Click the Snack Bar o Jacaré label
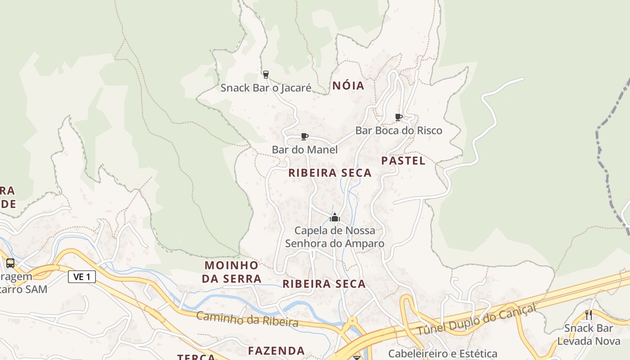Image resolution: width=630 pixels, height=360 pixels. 265,88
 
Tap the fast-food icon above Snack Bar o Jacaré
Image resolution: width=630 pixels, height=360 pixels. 265,74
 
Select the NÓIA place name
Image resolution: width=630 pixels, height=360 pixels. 348,85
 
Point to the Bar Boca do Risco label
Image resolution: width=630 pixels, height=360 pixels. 399,130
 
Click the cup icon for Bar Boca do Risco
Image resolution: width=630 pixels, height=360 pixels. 398,117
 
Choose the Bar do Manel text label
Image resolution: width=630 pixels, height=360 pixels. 305,149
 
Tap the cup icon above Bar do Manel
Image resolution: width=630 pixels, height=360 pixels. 305,136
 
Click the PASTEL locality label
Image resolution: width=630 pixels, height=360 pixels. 403,161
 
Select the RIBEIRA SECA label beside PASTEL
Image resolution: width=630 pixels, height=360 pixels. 330,173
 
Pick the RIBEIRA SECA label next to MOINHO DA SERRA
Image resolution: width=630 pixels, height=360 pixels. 324,284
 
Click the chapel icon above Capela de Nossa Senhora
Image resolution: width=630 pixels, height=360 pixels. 334,218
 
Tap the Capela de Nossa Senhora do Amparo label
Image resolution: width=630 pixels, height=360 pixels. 335,237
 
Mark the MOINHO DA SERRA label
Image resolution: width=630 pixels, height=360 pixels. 232,272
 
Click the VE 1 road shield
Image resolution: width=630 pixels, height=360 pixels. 82,277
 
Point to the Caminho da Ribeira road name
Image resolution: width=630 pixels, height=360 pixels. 247,319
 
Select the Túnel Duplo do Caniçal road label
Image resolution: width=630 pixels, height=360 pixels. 477,320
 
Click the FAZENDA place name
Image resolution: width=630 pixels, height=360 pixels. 276,351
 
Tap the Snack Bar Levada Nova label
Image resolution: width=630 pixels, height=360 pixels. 589,334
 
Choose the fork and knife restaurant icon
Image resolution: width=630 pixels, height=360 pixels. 588,315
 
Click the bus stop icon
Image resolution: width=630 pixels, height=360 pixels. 10,263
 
